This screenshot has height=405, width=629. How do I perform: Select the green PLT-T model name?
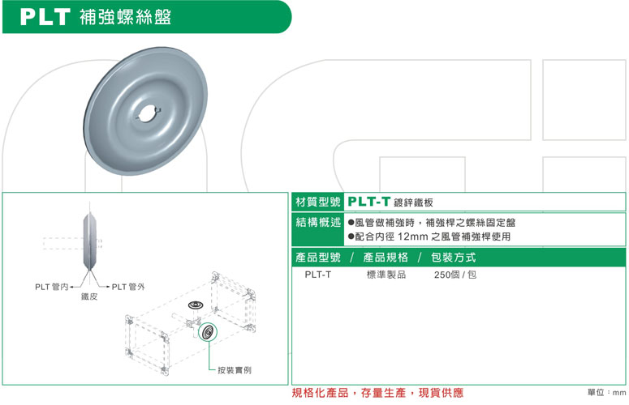pyautogui.click(x=369, y=202)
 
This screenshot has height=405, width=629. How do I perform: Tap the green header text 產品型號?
pyautogui.click(x=318, y=258)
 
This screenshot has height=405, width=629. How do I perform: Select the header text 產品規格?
pyautogui.click(x=385, y=258)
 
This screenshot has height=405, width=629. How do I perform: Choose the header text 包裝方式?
pyautogui.click(x=453, y=258)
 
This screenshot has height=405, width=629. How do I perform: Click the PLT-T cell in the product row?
pyautogui.click(x=317, y=275)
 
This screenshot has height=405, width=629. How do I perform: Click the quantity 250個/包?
pyautogui.click(x=455, y=275)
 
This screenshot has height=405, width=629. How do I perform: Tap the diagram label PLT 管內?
pyautogui.click(x=54, y=286)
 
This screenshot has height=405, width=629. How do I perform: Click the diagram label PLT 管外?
pyautogui.click(x=127, y=286)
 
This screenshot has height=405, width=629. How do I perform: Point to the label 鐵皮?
pyautogui.click(x=89, y=297)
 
